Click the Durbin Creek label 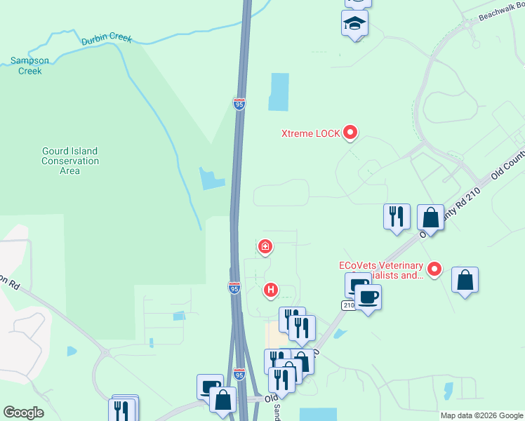(x=107, y=39)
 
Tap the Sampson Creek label (x=29, y=66)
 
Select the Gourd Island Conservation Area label (x=69, y=161)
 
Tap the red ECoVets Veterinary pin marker (x=434, y=268)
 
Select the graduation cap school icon (x=355, y=24)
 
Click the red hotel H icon (x=271, y=289)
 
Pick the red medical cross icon (x=265, y=246)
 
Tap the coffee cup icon (x=367, y=298)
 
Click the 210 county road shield (x=349, y=305)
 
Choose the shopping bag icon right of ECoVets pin (x=465, y=280)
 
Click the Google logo (x=23, y=413)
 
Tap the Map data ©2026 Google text (x=481, y=415)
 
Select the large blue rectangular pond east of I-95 (x=279, y=92)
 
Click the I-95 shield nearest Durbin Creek (x=239, y=104)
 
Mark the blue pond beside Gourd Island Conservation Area (x=212, y=179)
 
